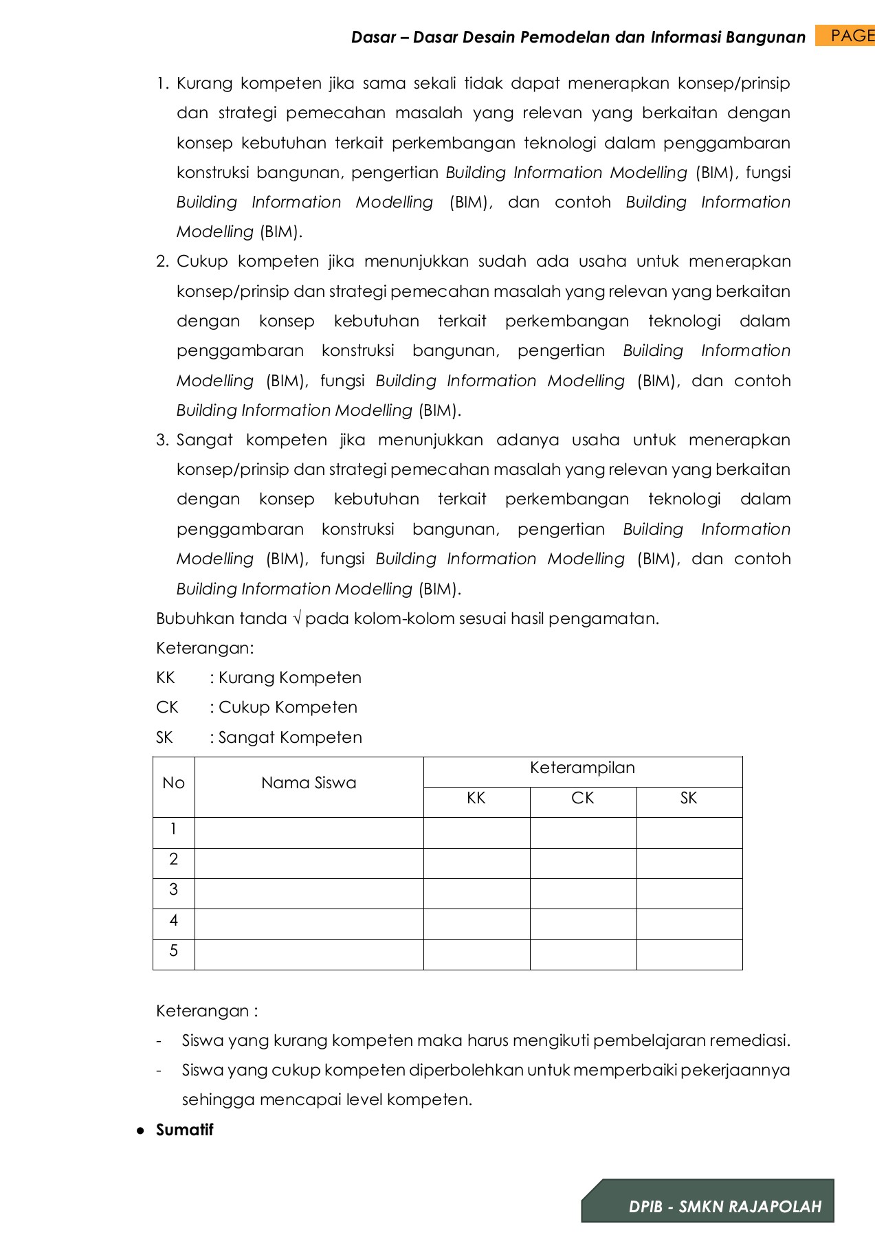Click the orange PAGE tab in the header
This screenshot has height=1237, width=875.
coord(845,36)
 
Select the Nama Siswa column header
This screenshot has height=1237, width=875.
coord(309,783)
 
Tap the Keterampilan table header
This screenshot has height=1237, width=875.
coord(582,768)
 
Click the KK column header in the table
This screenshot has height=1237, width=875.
coord(476,799)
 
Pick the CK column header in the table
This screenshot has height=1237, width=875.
coord(582,799)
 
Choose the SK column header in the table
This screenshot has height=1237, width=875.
coord(689,799)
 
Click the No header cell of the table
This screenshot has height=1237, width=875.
coord(173,783)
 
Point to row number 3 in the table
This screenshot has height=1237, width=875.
coord(173,890)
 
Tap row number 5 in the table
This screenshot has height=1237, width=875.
coord(173,951)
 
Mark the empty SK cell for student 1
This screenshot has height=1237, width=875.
coord(689,832)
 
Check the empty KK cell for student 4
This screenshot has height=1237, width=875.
coord(476,924)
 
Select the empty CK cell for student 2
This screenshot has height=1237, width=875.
coord(583,863)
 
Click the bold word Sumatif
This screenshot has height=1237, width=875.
coord(184,1130)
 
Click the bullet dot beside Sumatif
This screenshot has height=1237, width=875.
coord(140,1130)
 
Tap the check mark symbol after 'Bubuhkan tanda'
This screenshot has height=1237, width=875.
coord(297,618)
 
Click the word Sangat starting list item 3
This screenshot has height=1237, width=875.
coord(204,440)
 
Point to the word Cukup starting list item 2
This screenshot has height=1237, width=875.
coord(202,262)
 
